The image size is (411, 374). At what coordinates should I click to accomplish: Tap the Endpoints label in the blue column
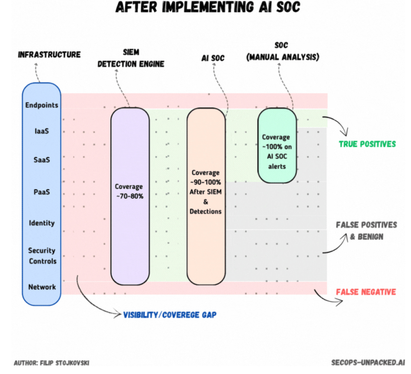point(42,105)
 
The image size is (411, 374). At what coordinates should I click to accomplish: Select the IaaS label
point(42,131)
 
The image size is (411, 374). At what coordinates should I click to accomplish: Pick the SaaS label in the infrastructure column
point(42,160)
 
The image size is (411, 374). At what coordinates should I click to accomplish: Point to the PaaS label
point(42,192)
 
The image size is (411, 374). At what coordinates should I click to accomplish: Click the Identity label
point(42,223)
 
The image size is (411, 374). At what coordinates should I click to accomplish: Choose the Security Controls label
point(42,256)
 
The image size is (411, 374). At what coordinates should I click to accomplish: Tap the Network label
point(42,287)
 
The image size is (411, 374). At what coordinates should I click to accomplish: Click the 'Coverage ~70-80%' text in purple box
point(129,191)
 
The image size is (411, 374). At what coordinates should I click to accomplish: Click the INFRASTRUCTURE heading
point(49,55)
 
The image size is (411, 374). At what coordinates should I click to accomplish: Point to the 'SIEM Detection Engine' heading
point(131,58)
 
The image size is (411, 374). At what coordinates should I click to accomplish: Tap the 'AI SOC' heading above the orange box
point(213,58)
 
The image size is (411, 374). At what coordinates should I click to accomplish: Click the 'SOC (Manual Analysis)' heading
point(282,52)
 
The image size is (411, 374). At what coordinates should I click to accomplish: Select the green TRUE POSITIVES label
point(367,144)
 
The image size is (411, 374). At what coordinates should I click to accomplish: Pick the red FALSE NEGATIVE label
point(366,292)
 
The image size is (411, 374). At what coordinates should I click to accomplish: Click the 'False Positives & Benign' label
point(366,231)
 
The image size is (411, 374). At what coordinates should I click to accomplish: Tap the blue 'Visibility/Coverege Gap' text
point(170,315)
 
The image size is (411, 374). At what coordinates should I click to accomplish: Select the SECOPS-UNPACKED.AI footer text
point(368,363)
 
